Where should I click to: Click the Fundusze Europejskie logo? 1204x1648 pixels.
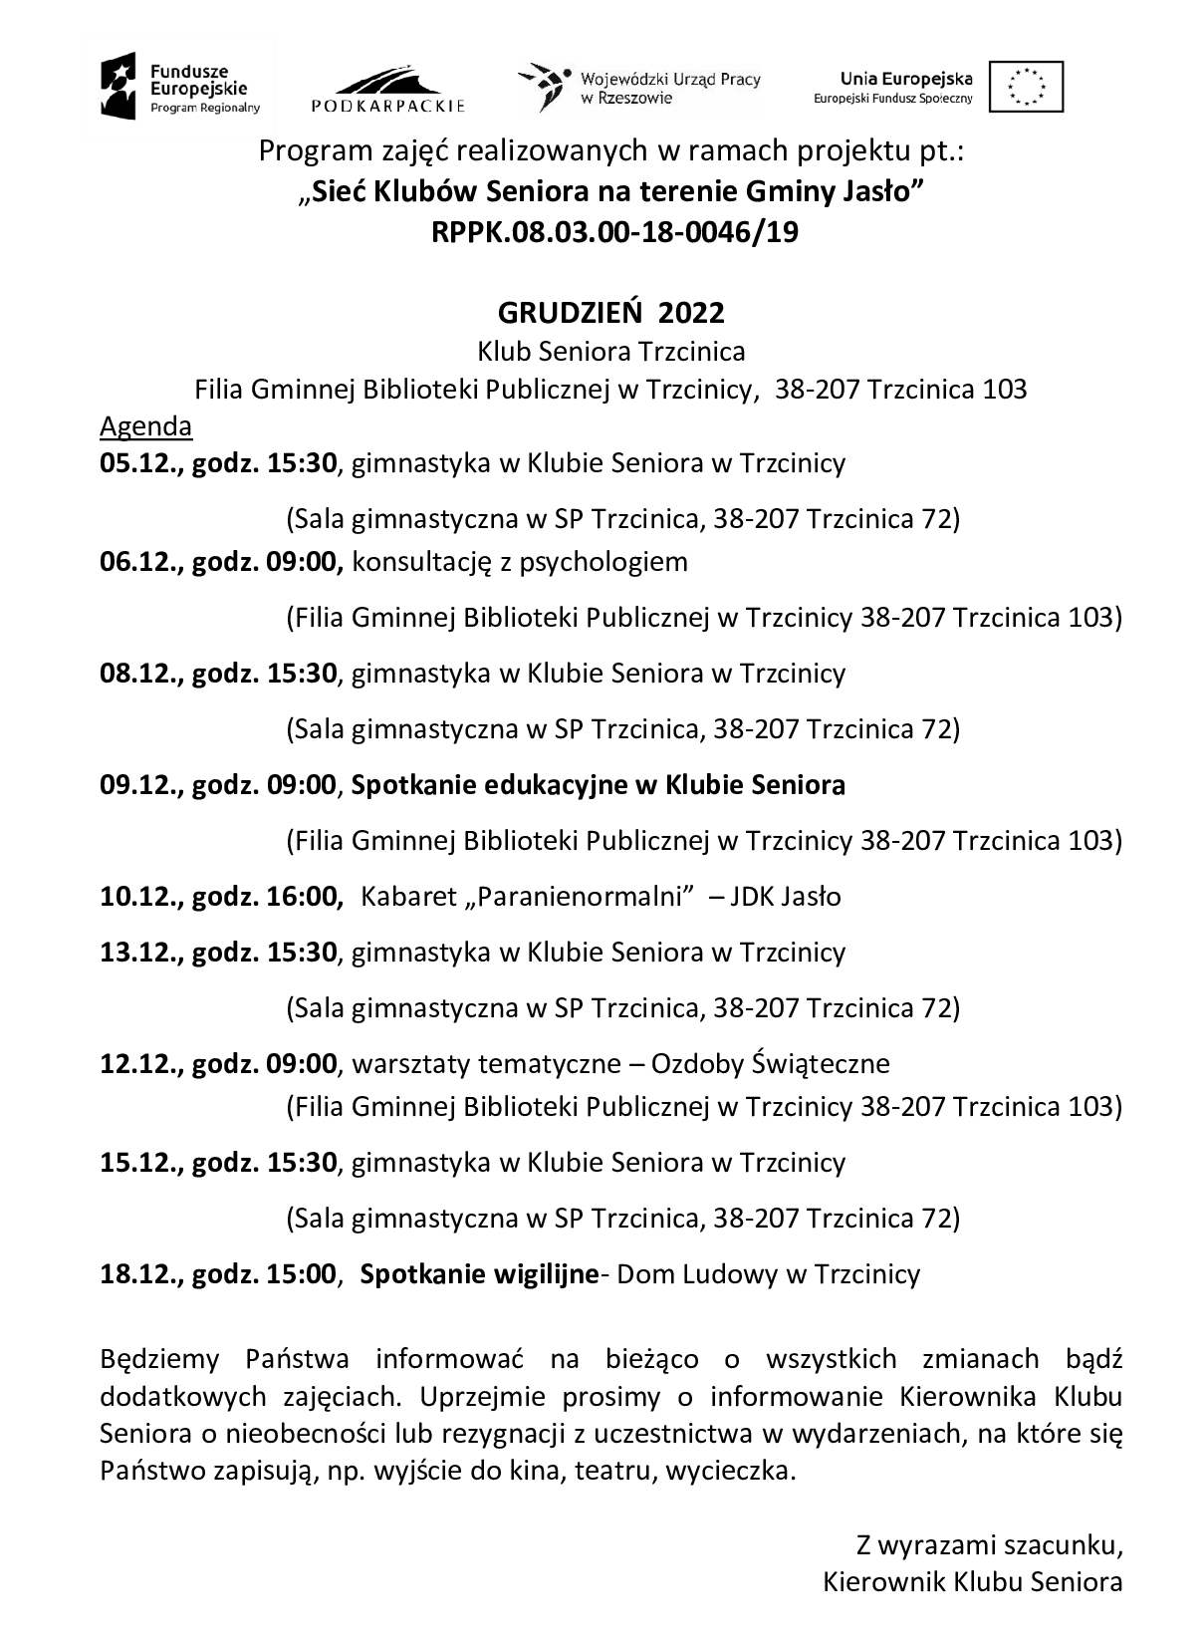179,86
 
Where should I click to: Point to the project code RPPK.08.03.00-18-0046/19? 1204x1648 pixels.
614,233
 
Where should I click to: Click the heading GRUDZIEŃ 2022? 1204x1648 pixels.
610,313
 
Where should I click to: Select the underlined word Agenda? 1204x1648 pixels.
145,426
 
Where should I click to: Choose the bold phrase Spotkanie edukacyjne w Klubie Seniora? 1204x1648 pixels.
598,785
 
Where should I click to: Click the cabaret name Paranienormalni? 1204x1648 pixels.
579,897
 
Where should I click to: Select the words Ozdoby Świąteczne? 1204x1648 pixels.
770,1064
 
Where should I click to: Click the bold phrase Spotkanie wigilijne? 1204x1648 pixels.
478,1274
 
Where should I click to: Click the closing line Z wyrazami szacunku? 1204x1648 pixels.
989,1545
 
